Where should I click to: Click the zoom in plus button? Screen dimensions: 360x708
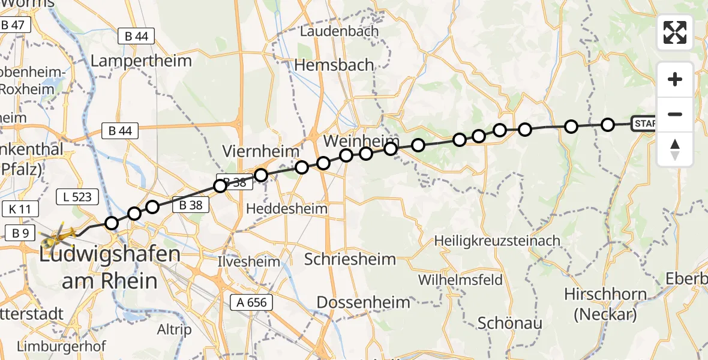pyautogui.click(x=675, y=80)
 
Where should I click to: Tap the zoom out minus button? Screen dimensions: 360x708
pyautogui.click(x=675, y=114)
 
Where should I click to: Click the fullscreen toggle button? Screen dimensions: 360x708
pyautogui.click(x=675, y=32)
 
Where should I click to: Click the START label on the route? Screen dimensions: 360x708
pyautogui.click(x=644, y=124)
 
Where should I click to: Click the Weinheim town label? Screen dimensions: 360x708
pyautogui.click(x=353, y=142)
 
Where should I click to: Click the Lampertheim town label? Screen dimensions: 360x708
pyautogui.click(x=141, y=61)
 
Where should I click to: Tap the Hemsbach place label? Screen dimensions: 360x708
pyautogui.click(x=335, y=65)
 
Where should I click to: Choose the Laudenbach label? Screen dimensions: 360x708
pyautogui.click(x=340, y=31)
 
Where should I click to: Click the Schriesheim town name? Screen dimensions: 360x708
pyautogui.click(x=350, y=259)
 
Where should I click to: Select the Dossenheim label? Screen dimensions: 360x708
pyautogui.click(x=363, y=302)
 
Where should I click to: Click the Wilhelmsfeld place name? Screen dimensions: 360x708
pyautogui.click(x=460, y=280)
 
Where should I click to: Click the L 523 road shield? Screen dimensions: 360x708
pyautogui.click(x=74, y=196)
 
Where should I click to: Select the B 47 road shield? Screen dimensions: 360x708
pyautogui.click(x=13, y=25)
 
